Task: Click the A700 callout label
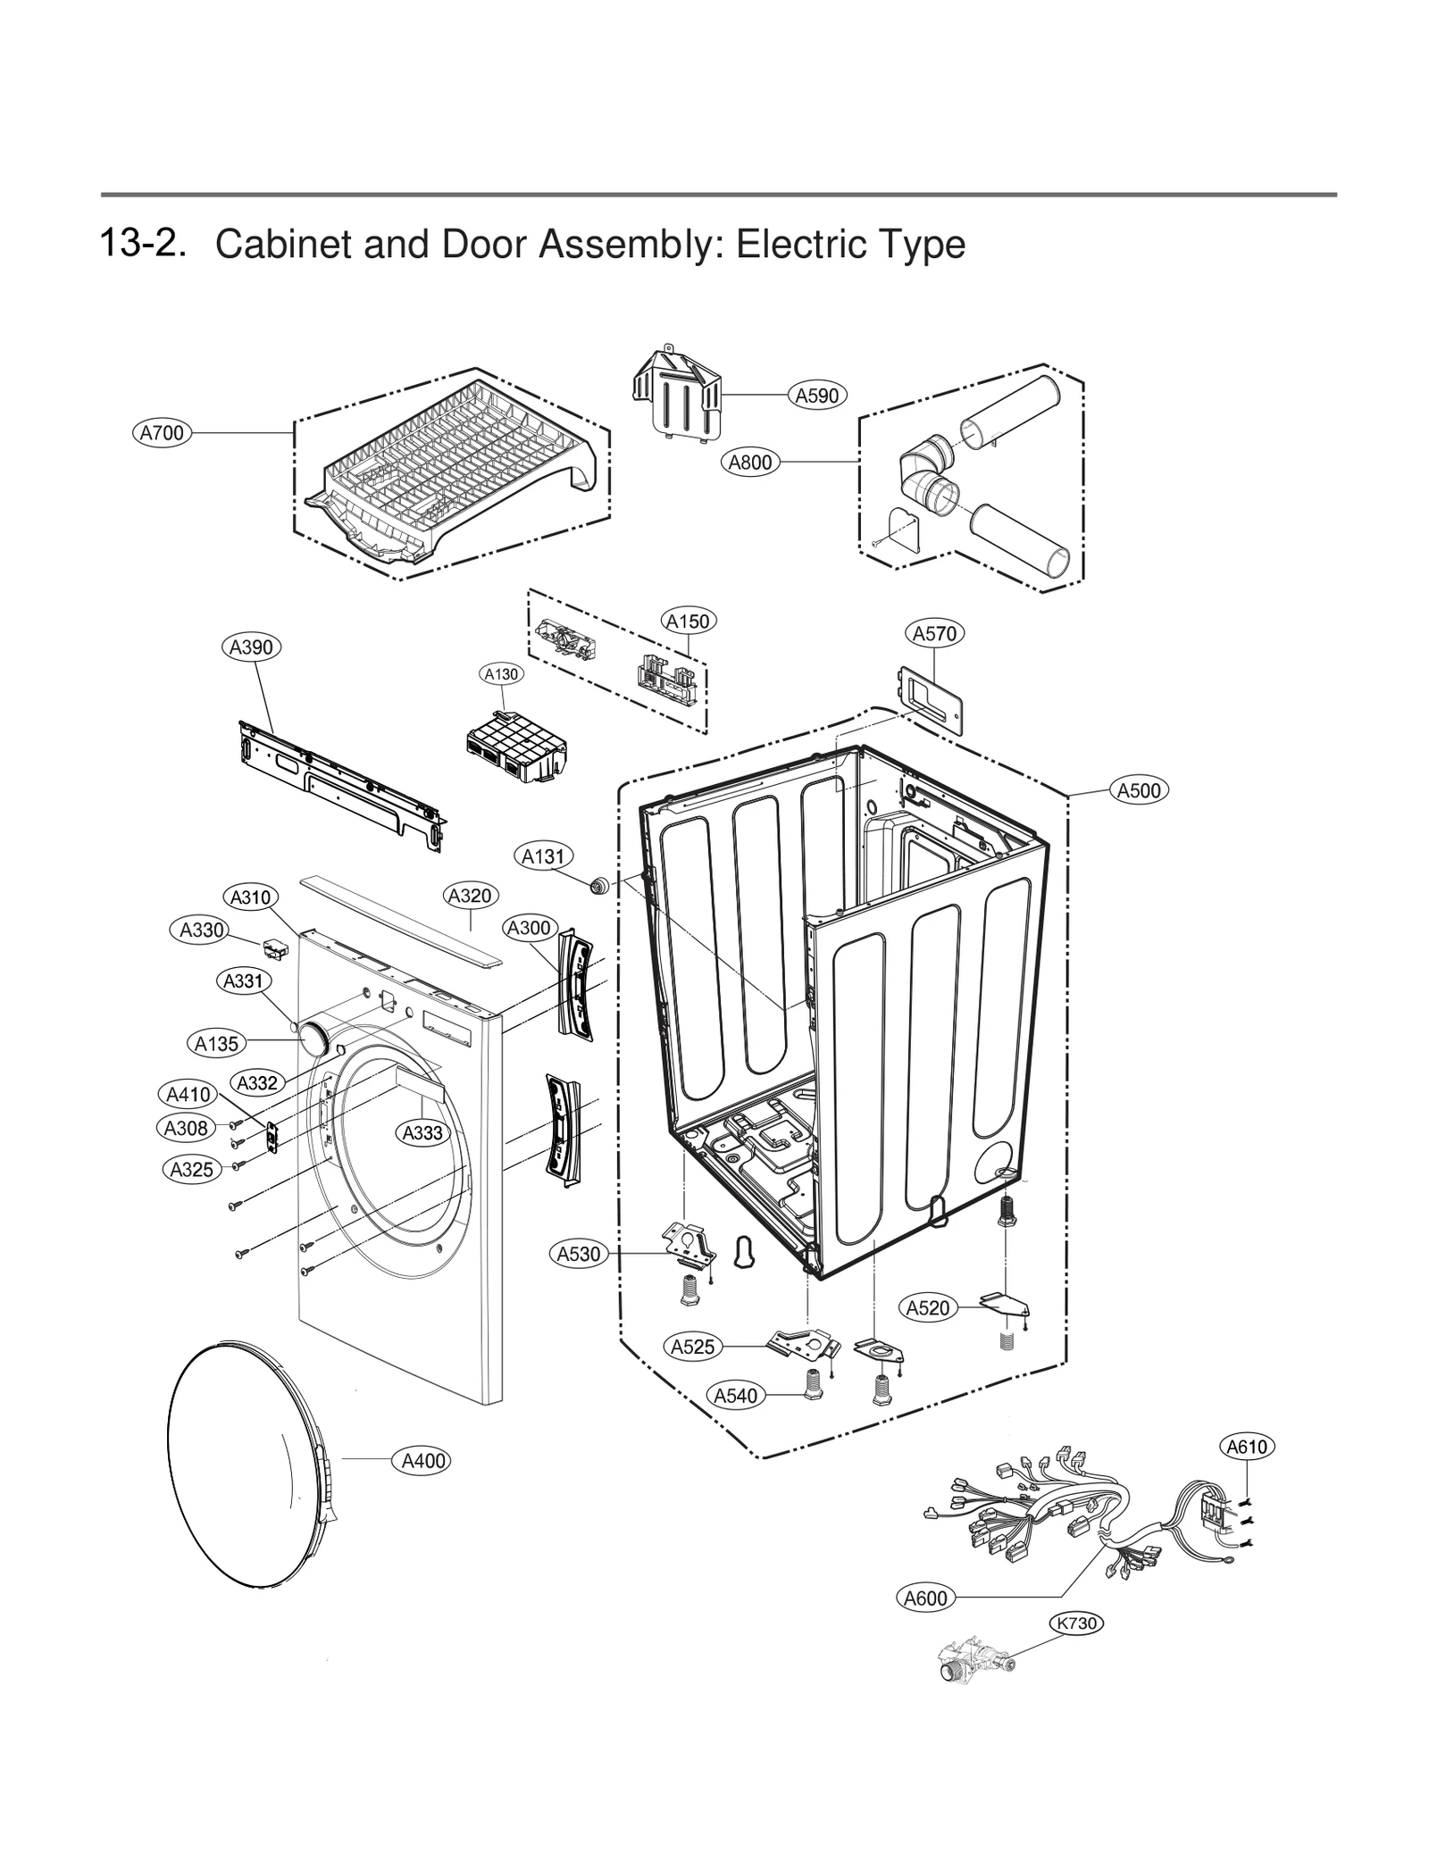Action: pyautogui.click(x=163, y=433)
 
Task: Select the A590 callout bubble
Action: pyautogui.click(x=817, y=395)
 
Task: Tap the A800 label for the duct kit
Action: pyautogui.click(x=750, y=463)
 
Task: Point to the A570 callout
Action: pyautogui.click(x=934, y=633)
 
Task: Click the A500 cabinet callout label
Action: pyautogui.click(x=1140, y=789)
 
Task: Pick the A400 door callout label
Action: pyautogui.click(x=423, y=1461)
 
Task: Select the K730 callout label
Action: pyautogui.click(x=1076, y=1623)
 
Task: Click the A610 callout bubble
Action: pyautogui.click(x=1247, y=1446)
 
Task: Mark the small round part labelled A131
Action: pyautogui.click(x=598, y=886)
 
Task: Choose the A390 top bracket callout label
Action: pyautogui.click(x=251, y=647)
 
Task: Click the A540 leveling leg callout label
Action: pyautogui.click(x=736, y=1396)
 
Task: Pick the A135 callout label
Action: pyautogui.click(x=217, y=1043)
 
